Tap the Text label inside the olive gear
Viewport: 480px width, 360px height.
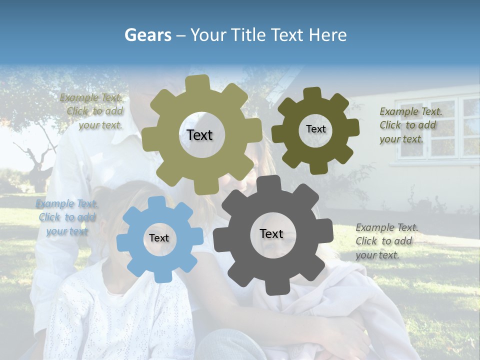pos(199,135)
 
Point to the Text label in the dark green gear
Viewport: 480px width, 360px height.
pos(315,129)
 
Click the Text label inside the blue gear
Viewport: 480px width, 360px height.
pos(159,238)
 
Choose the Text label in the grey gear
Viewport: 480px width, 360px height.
pos(271,234)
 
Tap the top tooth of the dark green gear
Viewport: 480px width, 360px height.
pos(312,93)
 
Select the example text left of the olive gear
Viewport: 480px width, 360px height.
pos(92,111)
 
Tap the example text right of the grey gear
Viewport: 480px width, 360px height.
pos(386,241)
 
